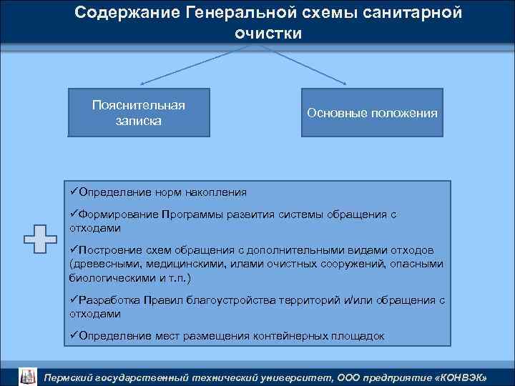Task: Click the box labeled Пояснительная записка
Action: [x=139, y=112]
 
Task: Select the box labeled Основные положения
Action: [x=372, y=112]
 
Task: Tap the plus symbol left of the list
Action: [x=40, y=239]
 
